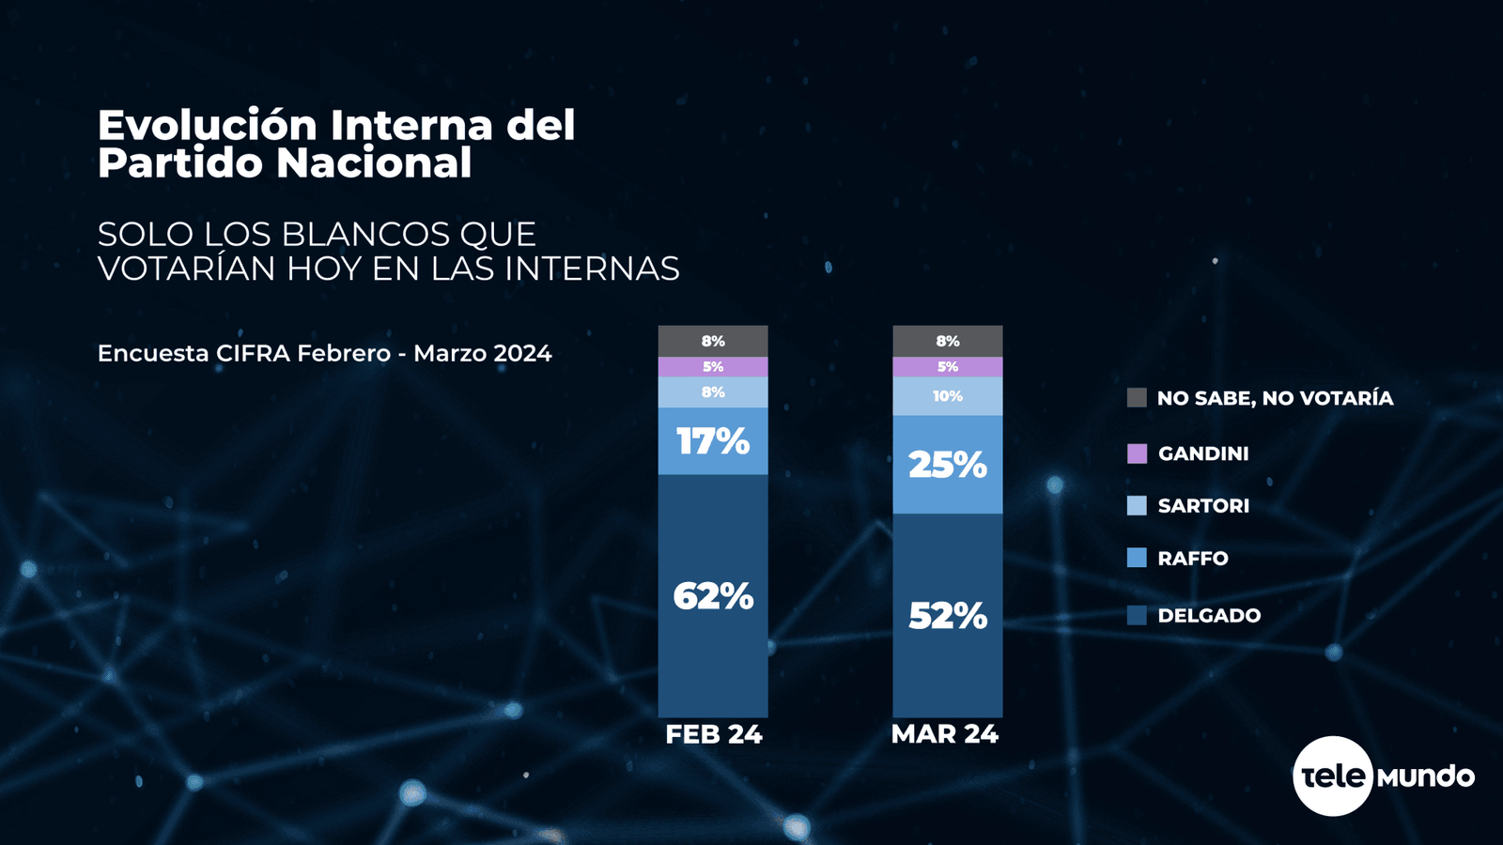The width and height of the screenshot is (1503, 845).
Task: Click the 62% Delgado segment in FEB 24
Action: (x=713, y=596)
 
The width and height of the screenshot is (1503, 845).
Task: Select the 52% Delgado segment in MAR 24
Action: (x=947, y=616)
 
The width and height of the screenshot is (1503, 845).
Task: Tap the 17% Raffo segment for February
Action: (x=713, y=441)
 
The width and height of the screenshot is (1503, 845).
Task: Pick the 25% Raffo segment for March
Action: (x=947, y=465)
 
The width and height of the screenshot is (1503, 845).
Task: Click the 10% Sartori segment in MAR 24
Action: (x=947, y=396)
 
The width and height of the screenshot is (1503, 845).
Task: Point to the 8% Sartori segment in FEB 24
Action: (x=713, y=392)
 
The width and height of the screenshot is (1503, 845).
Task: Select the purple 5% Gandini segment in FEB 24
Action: (x=713, y=367)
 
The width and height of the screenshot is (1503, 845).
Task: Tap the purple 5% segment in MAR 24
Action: (x=947, y=367)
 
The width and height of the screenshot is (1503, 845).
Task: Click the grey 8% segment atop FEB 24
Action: (x=713, y=341)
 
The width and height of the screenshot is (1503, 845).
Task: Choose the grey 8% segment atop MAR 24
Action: (x=947, y=341)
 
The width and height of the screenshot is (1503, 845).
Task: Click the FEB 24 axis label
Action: (x=713, y=734)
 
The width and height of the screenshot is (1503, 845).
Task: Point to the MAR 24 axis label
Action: (x=944, y=734)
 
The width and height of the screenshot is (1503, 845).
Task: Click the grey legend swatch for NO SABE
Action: (x=1137, y=398)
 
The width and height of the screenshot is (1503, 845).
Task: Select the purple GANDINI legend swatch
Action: (x=1137, y=453)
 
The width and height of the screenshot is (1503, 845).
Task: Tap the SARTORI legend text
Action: (x=1203, y=506)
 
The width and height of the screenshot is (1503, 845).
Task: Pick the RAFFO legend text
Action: (x=1193, y=559)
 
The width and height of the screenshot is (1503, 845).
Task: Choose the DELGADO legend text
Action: (x=1209, y=616)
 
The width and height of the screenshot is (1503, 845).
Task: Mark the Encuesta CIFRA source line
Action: (x=324, y=354)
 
